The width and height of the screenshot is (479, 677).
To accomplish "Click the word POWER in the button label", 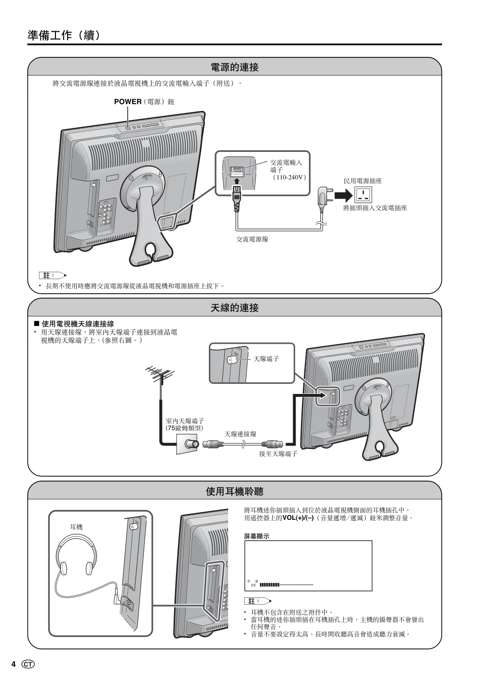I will coord(127,102).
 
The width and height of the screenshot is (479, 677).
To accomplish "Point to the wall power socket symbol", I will coord(363,195).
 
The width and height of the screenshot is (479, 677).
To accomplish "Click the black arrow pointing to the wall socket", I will coord(343,195).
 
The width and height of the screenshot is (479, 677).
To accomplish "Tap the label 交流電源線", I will coord(252,239).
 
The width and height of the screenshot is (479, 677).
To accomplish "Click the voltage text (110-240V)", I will coord(289,177).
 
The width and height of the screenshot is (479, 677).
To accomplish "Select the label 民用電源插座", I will coord(363,181).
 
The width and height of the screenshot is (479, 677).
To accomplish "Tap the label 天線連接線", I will coord(240,434).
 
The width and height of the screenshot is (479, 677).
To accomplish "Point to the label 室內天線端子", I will coord(185,421).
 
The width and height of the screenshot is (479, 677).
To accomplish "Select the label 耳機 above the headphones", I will coord(76,527).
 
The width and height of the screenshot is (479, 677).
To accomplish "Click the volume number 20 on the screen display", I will coord(253,585).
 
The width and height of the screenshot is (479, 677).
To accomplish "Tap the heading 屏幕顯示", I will coord(257,536).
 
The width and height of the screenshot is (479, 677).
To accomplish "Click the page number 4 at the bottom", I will coord(14,664).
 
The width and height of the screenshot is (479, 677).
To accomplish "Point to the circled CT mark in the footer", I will coord(28,664).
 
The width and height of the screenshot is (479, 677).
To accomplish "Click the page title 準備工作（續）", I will coord(64,35).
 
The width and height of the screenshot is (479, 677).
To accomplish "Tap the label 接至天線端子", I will coord(278,454).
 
